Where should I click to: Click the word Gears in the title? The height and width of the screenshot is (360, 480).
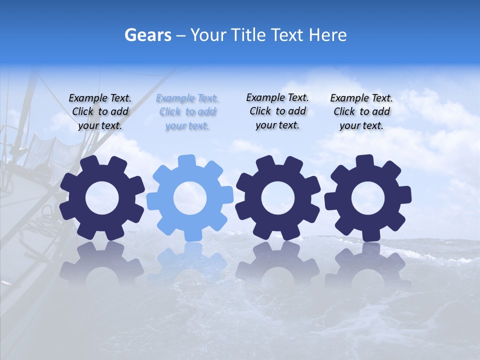[147, 35]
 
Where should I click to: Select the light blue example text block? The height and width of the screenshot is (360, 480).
[187, 112]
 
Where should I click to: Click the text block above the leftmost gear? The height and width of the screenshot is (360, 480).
[100, 112]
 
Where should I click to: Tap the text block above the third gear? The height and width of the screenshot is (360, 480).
[277, 111]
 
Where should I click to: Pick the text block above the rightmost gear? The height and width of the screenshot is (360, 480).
[361, 112]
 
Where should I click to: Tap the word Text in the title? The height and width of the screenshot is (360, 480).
[287, 35]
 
